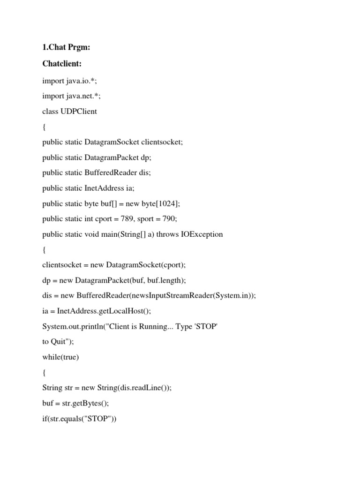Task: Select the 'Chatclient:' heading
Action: point(62,65)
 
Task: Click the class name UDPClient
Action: point(79,112)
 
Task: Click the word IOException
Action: point(202,234)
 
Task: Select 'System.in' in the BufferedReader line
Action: point(229,295)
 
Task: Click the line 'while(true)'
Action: point(60,357)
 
